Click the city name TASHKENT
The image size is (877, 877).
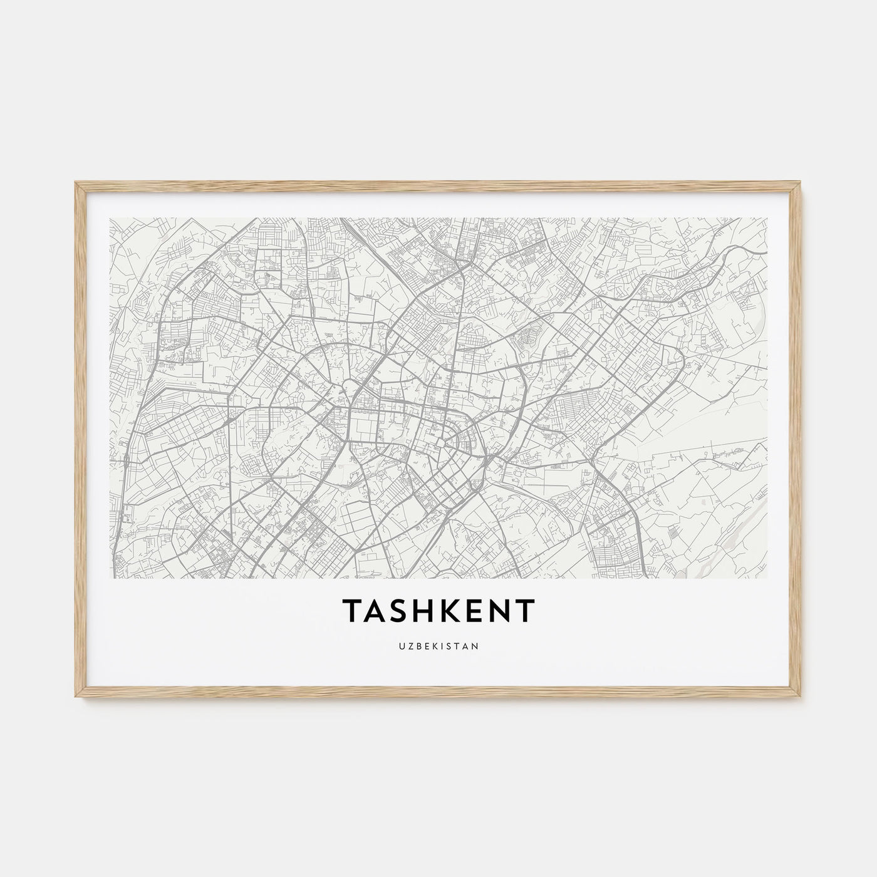[438, 611]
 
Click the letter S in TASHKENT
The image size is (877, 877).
[393, 611]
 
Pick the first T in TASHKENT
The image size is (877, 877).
[350, 611]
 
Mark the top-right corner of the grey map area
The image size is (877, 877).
[767, 218]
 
